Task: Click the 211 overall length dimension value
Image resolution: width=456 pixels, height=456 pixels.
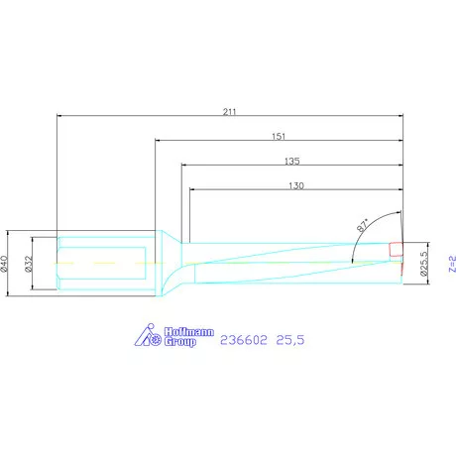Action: (229, 112)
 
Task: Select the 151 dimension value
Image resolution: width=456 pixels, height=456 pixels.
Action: (279, 136)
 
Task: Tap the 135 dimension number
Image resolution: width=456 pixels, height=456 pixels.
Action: (292, 161)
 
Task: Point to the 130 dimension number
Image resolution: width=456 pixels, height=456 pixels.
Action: (296, 185)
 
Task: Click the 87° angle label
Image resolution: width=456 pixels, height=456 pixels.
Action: (363, 225)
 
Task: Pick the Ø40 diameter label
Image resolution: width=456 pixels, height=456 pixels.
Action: (4, 264)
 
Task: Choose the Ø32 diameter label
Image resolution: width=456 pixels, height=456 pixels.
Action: (29, 264)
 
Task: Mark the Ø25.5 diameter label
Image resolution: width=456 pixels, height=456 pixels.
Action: (423, 264)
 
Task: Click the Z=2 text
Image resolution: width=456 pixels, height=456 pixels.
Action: (452, 264)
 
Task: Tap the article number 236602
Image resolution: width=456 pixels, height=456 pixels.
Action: (244, 340)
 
